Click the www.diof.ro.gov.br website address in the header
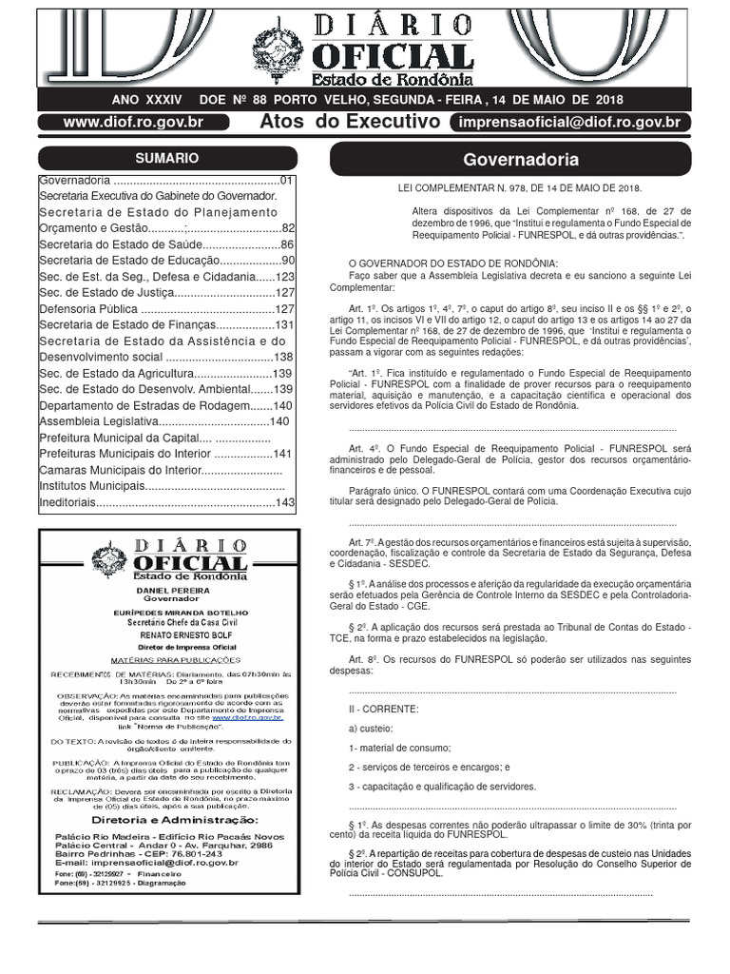[133, 122]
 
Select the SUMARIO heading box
[167, 159]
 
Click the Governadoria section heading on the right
[520, 160]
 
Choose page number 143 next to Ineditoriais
[285, 502]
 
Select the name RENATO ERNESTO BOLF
[167, 634]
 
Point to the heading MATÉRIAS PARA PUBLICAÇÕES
[167, 658]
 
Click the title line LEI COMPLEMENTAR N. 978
[520, 188]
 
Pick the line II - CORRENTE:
[384, 709]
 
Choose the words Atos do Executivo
[350, 122]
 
